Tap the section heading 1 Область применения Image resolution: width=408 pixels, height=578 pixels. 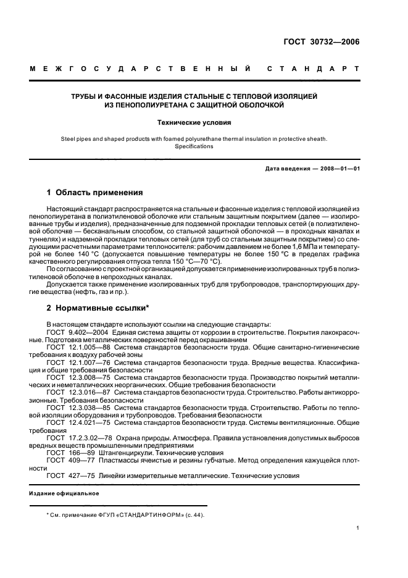click(95, 193)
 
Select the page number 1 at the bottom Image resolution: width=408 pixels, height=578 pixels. click(358, 528)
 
